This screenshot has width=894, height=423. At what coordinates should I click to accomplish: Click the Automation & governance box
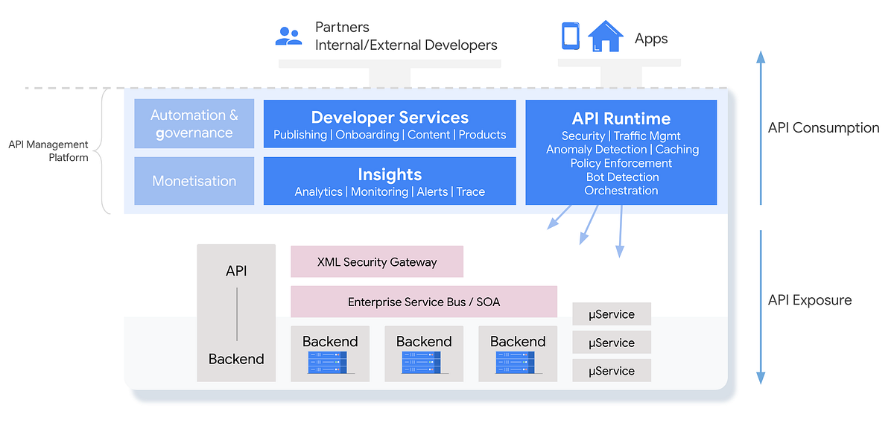click(194, 124)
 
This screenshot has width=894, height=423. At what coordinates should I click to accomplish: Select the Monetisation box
click(194, 181)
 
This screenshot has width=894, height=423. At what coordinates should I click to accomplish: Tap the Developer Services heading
click(390, 118)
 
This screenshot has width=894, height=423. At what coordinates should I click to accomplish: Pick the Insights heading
click(390, 174)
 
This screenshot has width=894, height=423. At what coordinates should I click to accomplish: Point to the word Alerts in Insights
click(432, 191)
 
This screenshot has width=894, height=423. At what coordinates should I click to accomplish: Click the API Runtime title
click(621, 118)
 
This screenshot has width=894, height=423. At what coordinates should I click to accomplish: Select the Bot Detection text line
click(621, 177)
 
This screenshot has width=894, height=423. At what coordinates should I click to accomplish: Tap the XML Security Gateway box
click(377, 262)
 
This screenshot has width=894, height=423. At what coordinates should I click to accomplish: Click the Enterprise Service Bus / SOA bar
click(424, 302)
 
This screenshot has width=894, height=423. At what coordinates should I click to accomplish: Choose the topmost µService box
click(612, 314)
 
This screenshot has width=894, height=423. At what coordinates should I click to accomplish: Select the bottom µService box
click(612, 371)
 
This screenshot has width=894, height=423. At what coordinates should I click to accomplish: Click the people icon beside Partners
click(288, 36)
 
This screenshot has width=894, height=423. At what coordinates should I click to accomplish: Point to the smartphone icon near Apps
click(570, 36)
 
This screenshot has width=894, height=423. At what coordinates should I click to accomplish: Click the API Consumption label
click(823, 128)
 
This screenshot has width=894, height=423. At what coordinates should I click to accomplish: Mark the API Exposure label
click(809, 300)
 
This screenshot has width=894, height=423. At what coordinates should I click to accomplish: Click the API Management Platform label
click(48, 150)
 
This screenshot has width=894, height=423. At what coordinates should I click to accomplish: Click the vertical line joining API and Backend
click(236, 315)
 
